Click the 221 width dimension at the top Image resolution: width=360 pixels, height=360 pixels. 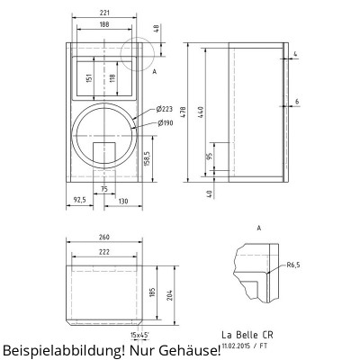(x=103, y=13)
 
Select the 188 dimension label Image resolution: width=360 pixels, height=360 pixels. (x=103, y=25)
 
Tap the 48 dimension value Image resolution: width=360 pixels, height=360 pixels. (x=157, y=28)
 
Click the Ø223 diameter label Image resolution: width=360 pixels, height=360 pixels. (x=165, y=108)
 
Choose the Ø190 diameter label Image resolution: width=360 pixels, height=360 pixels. (x=165, y=122)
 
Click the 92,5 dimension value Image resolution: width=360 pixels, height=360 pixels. (x=79, y=200)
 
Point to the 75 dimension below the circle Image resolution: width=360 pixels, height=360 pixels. (x=104, y=188)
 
